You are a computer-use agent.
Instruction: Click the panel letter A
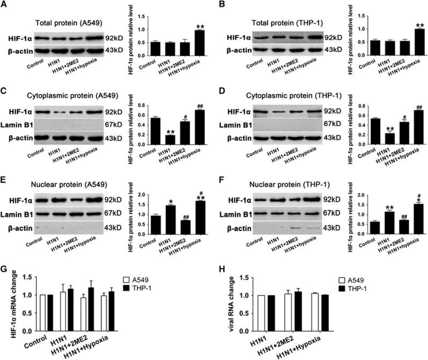tap(5, 5)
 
